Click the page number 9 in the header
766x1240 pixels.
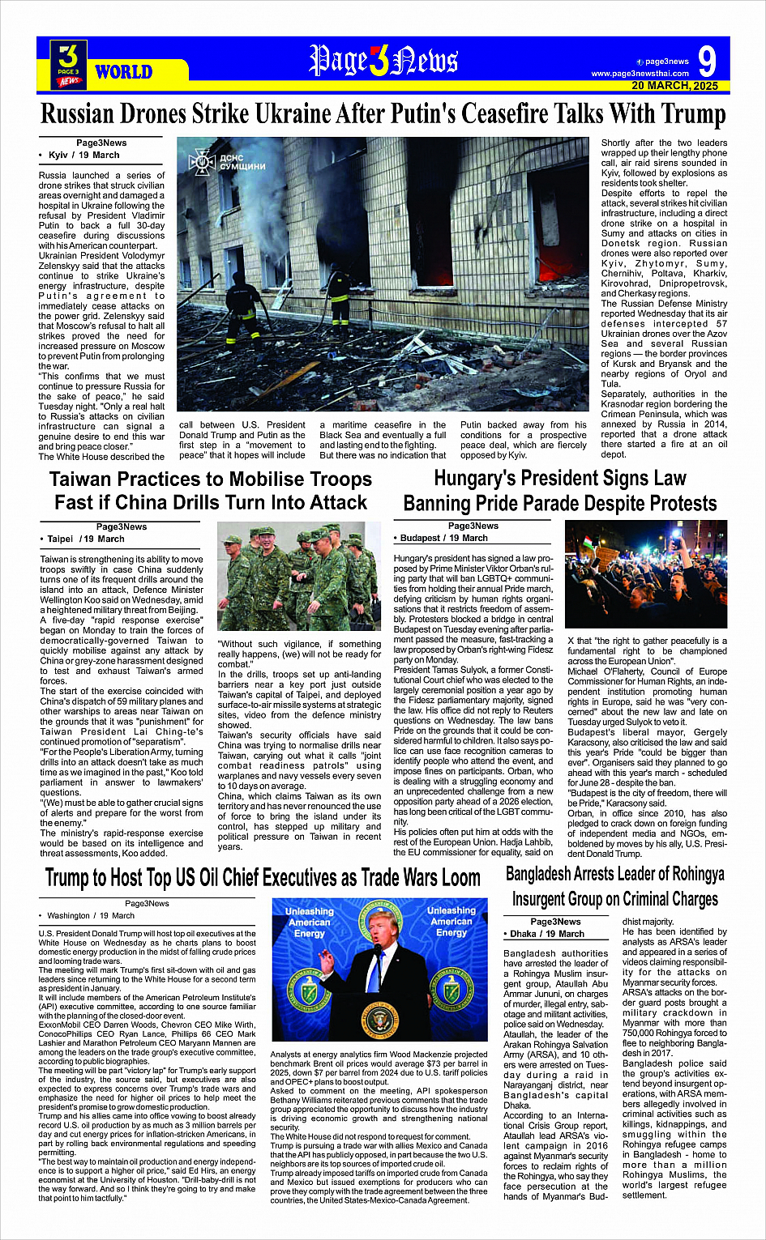706,62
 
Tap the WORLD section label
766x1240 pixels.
123,71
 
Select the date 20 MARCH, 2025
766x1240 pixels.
674,86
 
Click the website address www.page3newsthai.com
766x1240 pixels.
640,74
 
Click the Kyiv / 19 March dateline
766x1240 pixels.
83,155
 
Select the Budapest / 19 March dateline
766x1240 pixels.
444,538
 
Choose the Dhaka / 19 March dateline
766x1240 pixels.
547,934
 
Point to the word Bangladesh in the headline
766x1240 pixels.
544,875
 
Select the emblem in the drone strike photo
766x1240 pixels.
200,162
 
